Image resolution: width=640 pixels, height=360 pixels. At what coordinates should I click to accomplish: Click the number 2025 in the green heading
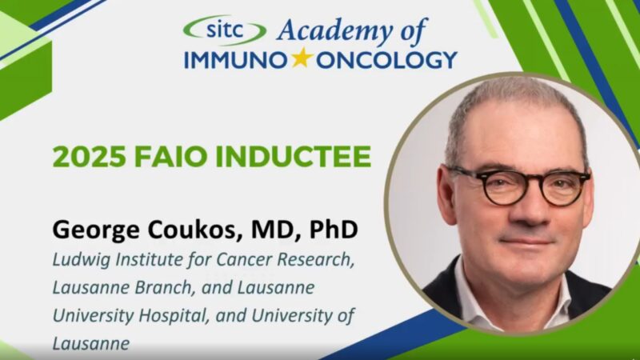click(86, 157)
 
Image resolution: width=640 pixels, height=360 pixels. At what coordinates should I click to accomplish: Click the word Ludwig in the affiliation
click(78, 260)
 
